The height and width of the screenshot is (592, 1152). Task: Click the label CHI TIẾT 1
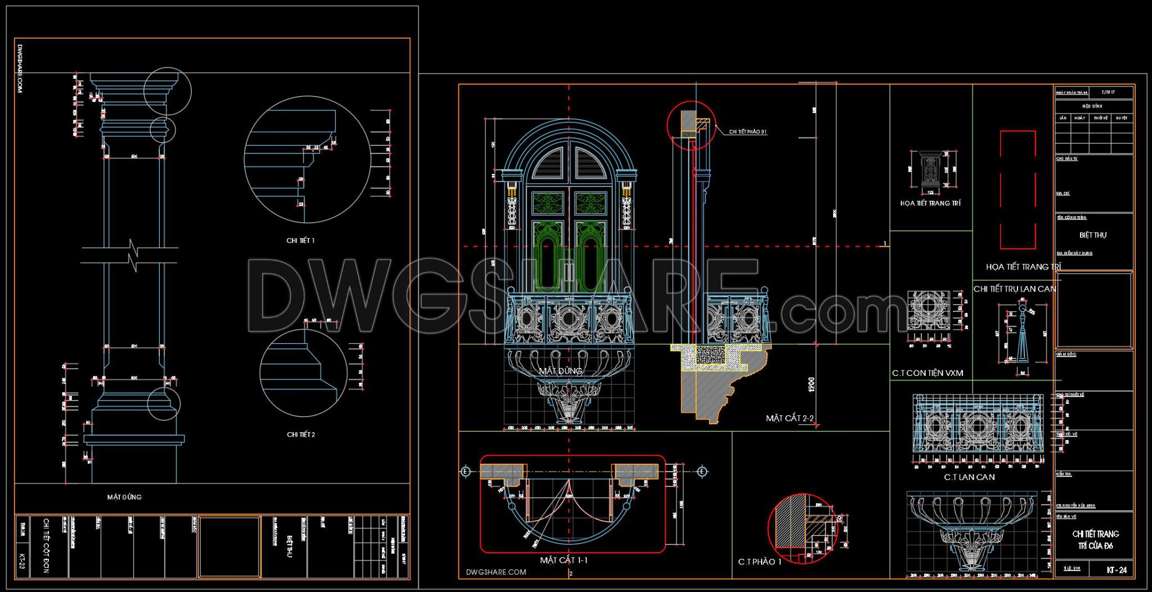(300, 240)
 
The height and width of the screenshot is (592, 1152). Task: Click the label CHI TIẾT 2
(301, 434)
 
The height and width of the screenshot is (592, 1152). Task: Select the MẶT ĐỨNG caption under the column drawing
(124, 497)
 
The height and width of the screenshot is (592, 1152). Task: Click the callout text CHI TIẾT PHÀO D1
(748, 132)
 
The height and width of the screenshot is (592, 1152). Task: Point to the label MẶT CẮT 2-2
(789, 418)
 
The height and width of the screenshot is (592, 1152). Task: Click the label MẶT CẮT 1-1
(564, 560)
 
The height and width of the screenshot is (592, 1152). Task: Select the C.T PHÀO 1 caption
(760, 562)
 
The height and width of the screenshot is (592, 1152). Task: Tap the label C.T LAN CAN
(969, 477)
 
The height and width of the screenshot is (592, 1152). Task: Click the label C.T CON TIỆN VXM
(927, 373)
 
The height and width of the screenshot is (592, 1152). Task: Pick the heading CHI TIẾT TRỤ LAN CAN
(1014, 289)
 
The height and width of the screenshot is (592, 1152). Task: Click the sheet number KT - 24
(1116, 569)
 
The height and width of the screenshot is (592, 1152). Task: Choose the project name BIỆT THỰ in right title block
(1092, 235)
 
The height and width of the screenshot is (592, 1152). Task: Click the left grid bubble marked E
(465, 472)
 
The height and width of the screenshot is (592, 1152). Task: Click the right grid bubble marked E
(701, 472)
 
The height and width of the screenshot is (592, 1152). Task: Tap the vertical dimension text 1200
(811, 385)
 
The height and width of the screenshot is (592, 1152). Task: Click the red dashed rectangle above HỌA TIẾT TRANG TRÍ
(1018, 190)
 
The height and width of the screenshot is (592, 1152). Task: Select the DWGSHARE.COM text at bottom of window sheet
(496, 572)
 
